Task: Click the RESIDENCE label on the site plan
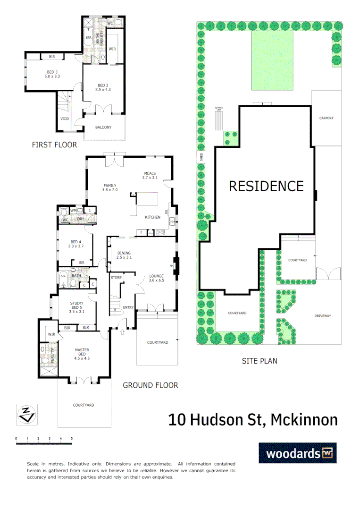click(x=266, y=186)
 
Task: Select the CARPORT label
click(x=326, y=118)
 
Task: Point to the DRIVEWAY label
click(x=323, y=315)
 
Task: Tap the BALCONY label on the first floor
click(x=103, y=127)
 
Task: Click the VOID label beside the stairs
click(x=65, y=119)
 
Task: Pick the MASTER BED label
click(x=82, y=350)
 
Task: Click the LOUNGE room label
click(x=156, y=276)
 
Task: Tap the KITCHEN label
click(x=152, y=217)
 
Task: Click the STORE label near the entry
click(x=116, y=278)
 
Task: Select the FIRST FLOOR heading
click(x=54, y=145)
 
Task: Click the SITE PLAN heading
click(x=259, y=361)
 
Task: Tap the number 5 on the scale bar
click(x=72, y=439)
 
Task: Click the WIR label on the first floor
click(x=112, y=49)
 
